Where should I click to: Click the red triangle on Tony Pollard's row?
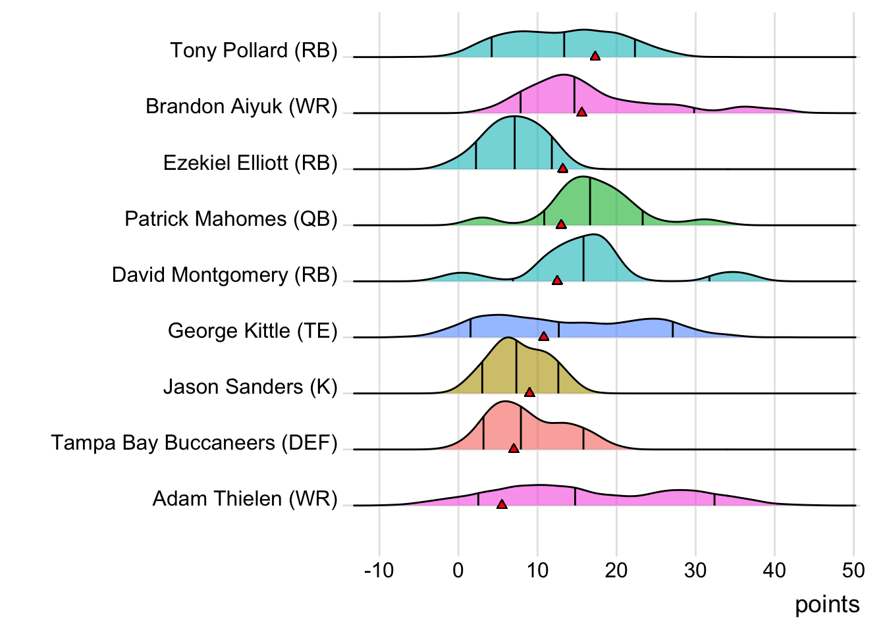pyautogui.click(x=595, y=57)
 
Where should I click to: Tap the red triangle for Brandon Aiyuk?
pyautogui.click(x=581, y=113)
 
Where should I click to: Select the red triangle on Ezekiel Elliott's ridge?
pyautogui.click(x=562, y=169)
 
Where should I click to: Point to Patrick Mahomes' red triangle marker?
pyautogui.click(x=561, y=224)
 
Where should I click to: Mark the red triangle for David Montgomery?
pyautogui.click(x=557, y=280)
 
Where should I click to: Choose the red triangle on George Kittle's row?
pyautogui.click(x=544, y=336)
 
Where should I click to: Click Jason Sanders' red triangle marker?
pyautogui.click(x=529, y=392)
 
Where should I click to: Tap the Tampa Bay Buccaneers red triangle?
pyautogui.click(x=514, y=448)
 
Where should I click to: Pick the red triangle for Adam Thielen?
pyautogui.click(x=502, y=504)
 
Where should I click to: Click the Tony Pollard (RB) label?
pyautogui.click(x=254, y=50)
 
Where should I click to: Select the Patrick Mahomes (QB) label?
pyautogui.click(x=231, y=219)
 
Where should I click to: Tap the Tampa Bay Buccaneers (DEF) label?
pyautogui.click(x=194, y=442)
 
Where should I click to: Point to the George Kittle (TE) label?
pyautogui.click(x=252, y=330)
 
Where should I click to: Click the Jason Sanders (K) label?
pyautogui.click(x=250, y=386)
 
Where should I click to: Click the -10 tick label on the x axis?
pyautogui.click(x=379, y=570)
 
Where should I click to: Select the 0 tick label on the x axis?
pyautogui.click(x=458, y=570)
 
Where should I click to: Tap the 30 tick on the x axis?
pyautogui.click(x=695, y=570)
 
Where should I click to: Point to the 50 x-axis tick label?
pyautogui.click(x=853, y=570)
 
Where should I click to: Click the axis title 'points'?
pyautogui.click(x=827, y=604)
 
